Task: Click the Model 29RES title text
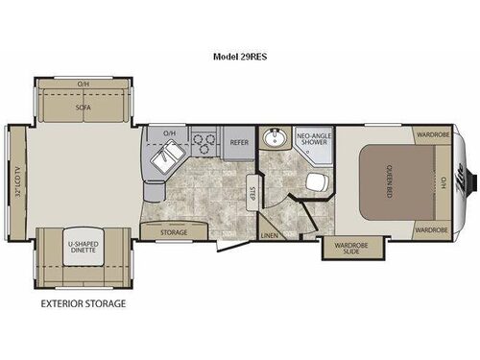point(239,57)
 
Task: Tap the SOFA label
point(84,108)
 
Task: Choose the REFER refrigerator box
point(239,142)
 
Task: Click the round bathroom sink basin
point(273,138)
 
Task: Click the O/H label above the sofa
point(84,85)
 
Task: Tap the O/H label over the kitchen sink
point(170,132)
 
